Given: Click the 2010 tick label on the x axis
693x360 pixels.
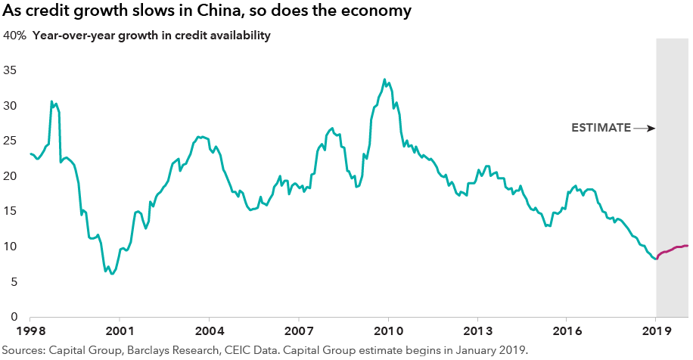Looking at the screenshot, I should tap(388, 331).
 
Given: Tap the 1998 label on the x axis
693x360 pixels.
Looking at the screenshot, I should tap(31, 331).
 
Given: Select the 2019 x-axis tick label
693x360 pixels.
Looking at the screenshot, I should tap(656, 331).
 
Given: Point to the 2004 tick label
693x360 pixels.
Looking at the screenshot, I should tap(210, 331).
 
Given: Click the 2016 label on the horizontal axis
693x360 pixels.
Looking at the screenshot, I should tap(567, 331).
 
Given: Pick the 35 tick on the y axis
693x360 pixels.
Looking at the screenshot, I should tap(11, 70).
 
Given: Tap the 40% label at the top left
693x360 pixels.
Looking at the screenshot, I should tap(14, 36).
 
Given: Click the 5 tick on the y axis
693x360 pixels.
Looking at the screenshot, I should tap(14, 282).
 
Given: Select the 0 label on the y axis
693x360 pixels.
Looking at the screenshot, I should tap(14, 317).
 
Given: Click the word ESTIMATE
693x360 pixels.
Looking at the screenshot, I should tap(600, 128).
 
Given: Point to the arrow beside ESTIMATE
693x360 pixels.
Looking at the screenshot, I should tap(644, 128).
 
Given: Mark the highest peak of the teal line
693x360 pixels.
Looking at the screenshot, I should tap(384, 79).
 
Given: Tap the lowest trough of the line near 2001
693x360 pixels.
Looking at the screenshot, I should tap(112, 274).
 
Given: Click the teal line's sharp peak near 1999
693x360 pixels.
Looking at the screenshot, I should tap(51, 101).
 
